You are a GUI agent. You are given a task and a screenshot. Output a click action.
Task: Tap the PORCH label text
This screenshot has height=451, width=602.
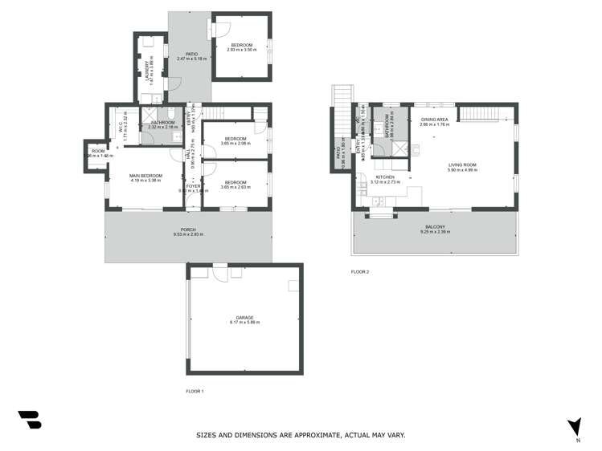point(188,230)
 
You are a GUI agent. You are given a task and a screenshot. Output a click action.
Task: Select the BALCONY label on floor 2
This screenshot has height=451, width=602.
point(435,227)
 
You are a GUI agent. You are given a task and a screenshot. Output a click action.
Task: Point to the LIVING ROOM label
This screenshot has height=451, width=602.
point(462,165)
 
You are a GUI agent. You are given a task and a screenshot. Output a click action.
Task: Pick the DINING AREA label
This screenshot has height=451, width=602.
point(434,120)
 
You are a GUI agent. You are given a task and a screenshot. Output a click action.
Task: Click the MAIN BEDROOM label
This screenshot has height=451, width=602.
point(146,175)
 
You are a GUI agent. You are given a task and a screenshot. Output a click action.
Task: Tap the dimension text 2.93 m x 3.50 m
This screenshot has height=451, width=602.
point(242,50)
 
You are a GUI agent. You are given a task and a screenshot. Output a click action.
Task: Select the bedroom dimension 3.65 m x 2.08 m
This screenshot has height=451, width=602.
point(235,144)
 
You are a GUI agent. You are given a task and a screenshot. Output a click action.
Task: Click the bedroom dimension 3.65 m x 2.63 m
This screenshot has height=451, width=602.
point(235,187)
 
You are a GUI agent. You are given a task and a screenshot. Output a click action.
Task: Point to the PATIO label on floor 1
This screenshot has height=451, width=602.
point(191,54)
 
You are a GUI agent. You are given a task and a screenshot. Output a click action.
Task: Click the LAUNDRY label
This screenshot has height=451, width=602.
point(147,72)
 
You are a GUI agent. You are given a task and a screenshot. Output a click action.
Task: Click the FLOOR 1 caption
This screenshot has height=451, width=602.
point(195,391)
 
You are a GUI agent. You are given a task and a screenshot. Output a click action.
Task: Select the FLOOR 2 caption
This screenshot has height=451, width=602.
point(359,272)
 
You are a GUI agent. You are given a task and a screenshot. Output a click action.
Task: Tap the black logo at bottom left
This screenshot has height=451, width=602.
point(29,420)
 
